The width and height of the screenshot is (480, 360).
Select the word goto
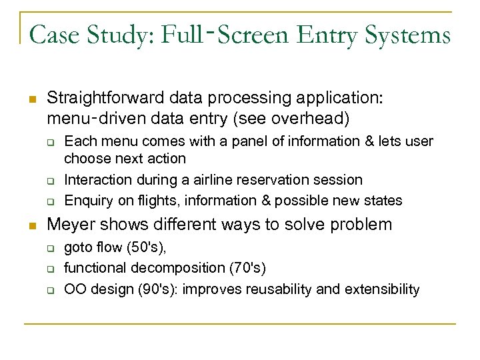77,248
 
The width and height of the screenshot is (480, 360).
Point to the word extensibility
384,289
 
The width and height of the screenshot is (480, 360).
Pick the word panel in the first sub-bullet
208,141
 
